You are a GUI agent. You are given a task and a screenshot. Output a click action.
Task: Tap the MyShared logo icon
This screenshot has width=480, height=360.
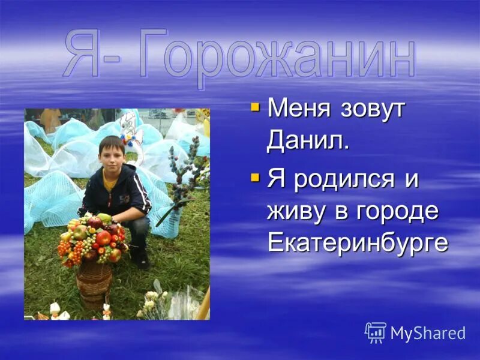point(376,332)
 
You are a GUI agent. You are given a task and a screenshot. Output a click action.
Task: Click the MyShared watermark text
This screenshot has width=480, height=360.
point(428,333)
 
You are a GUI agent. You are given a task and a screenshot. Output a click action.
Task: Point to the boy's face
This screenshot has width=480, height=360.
point(112,153)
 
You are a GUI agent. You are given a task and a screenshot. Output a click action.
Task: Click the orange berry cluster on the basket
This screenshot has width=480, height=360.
point(65,248)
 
